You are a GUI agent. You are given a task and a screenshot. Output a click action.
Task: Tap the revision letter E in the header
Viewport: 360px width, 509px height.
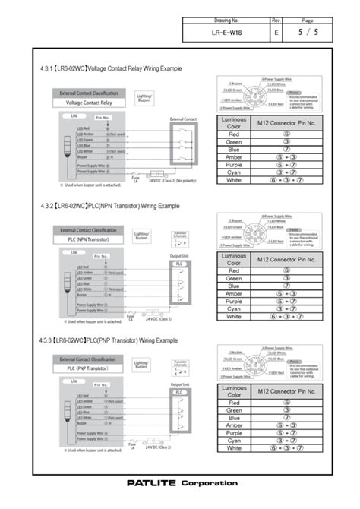pos(276,33)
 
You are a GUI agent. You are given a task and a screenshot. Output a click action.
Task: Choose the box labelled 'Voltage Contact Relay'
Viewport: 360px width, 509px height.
pos(90,102)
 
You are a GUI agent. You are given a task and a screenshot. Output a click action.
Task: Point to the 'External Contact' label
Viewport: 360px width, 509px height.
pos(183,119)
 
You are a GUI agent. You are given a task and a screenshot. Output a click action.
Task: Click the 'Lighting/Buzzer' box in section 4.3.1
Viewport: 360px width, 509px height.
pos(144,98)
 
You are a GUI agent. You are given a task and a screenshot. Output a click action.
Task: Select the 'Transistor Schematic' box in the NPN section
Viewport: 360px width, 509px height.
pos(181,236)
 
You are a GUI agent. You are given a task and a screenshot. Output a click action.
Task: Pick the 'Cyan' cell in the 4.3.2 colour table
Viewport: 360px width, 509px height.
pos(234,308)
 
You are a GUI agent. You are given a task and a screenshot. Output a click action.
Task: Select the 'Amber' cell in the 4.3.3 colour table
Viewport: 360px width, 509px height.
pos(234,425)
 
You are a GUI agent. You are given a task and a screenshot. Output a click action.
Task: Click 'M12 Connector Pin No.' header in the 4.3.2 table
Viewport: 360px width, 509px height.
pos(286,259)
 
